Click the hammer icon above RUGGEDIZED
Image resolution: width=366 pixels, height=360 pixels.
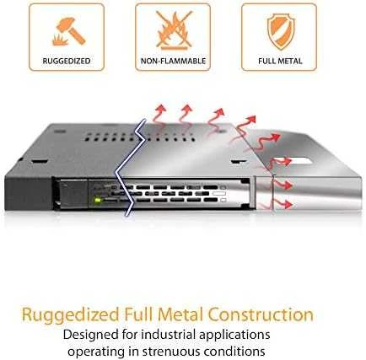(x=69, y=31)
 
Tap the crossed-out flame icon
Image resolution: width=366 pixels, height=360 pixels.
(x=175, y=30)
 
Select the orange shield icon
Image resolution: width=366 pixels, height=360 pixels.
(x=281, y=31)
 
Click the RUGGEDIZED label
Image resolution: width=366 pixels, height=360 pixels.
(x=67, y=61)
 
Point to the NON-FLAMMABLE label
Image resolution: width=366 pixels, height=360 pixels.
(x=173, y=61)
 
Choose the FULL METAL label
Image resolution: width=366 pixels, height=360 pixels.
(x=280, y=61)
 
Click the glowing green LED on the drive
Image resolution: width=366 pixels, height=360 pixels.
(x=98, y=201)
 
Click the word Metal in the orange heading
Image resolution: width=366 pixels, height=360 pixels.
(x=180, y=314)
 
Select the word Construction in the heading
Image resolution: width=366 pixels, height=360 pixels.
(x=261, y=314)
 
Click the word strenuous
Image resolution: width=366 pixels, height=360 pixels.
(x=171, y=352)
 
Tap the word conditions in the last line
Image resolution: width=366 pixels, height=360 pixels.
(x=234, y=352)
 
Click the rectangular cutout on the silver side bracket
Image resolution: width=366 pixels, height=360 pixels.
(x=301, y=161)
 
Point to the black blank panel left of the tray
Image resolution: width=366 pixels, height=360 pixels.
(x=29, y=193)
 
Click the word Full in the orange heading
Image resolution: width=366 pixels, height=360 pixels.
(x=138, y=314)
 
